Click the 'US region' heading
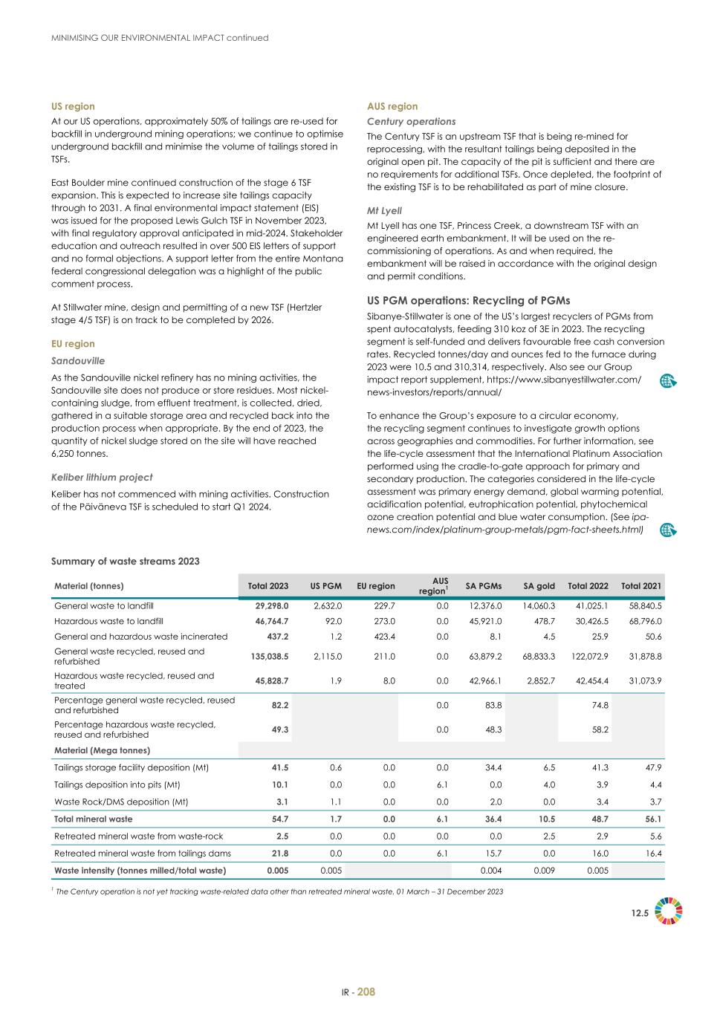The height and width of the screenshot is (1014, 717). click(x=73, y=106)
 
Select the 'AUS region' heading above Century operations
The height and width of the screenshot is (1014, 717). click(x=392, y=106)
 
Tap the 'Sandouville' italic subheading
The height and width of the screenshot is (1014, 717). click(x=78, y=361)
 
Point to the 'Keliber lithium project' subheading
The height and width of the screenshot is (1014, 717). click(x=102, y=477)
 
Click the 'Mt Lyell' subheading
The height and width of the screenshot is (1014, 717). click(x=384, y=210)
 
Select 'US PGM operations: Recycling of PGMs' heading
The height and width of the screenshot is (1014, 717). click(x=468, y=300)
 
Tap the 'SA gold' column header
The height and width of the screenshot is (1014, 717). click(x=539, y=586)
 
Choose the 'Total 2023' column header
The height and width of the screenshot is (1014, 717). click(x=267, y=586)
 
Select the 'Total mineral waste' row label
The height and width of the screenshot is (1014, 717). click(x=93, y=819)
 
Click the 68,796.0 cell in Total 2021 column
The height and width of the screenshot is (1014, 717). click(x=643, y=621)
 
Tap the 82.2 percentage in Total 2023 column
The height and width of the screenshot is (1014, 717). click(x=280, y=705)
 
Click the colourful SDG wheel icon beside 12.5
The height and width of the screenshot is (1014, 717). click(x=669, y=911)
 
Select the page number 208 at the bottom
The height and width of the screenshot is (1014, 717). click(x=366, y=992)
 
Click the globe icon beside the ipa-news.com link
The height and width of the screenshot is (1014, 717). click(x=668, y=530)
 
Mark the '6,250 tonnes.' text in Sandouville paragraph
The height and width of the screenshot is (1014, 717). click(x=80, y=454)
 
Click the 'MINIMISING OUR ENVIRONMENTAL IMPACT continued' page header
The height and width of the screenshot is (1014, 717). click(x=159, y=37)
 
